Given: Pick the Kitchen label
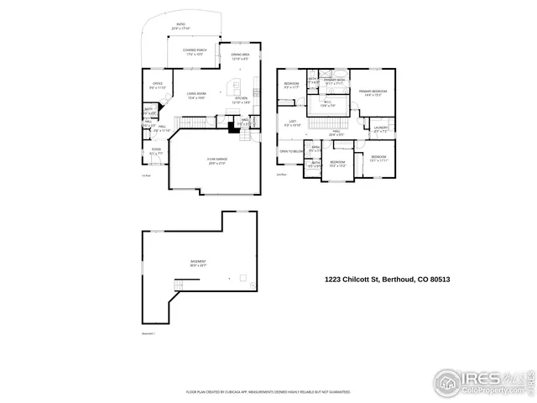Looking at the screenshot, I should [242, 101].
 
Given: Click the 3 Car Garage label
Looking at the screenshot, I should [217, 161].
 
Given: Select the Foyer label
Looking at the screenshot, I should [156, 152].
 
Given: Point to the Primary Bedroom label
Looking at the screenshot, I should [373, 92].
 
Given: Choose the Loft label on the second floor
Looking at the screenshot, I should [293, 123].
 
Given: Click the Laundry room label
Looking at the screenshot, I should [381, 129].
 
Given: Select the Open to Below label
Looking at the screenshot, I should [290, 152].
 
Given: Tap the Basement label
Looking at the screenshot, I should [198, 263].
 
